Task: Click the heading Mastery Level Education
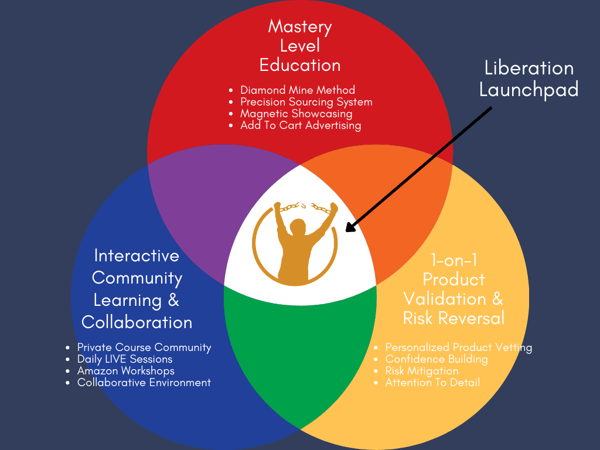[x=300, y=46]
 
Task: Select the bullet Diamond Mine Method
[x=298, y=90]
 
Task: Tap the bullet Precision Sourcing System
[x=306, y=102]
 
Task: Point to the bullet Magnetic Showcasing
[x=296, y=114]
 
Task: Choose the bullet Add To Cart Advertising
[x=301, y=125]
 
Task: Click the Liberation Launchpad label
[x=529, y=79]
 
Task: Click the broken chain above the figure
[x=301, y=207]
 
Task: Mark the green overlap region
[x=300, y=352]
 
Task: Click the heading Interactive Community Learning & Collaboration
[x=137, y=289]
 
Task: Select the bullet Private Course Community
[x=144, y=347]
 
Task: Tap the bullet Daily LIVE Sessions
[x=125, y=359]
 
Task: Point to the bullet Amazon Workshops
[x=126, y=371]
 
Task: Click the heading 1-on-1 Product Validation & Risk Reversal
[x=454, y=289]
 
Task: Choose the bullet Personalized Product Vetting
[x=458, y=347]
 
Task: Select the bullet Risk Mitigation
[x=422, y=371]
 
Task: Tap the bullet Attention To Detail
[x=432, y=383]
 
